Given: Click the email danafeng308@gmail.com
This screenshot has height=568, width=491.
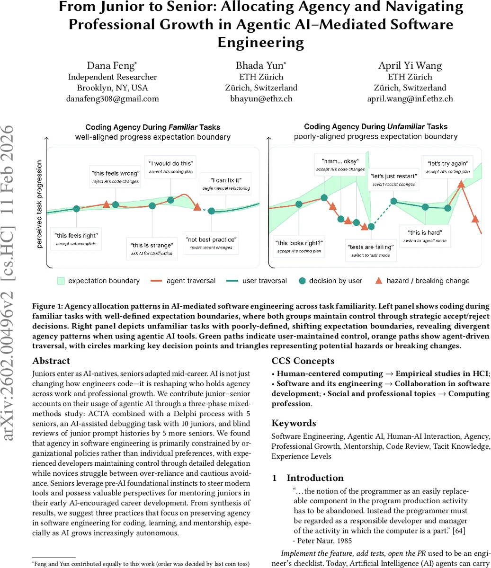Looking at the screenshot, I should pos(112,99).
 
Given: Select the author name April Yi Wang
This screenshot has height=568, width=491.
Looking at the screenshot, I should pos(410,66).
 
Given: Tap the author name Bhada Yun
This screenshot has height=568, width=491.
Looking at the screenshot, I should pos(261,66).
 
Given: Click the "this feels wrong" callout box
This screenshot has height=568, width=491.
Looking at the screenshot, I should pos(116,177).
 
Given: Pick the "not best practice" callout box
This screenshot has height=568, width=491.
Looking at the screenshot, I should pos(211,243).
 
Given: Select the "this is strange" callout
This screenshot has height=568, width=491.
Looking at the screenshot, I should pos(152,249).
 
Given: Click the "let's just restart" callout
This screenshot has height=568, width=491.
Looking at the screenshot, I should pos(393,179).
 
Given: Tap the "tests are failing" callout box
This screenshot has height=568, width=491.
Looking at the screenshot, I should pos(370,250).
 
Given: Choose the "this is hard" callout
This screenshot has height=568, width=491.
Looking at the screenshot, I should pos(425,236).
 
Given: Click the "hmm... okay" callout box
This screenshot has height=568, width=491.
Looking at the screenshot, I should pos(340,165).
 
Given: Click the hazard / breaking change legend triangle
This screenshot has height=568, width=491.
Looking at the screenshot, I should pos(378,281).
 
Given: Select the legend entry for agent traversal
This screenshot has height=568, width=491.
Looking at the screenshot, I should pos(183,281).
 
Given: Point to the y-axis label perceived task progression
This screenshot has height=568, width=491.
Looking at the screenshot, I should pos(39,204).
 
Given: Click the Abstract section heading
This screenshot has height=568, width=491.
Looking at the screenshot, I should pos(52,361).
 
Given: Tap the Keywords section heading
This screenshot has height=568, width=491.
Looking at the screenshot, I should pos(294,423).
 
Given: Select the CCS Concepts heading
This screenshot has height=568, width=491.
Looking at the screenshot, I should pos(303,361).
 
